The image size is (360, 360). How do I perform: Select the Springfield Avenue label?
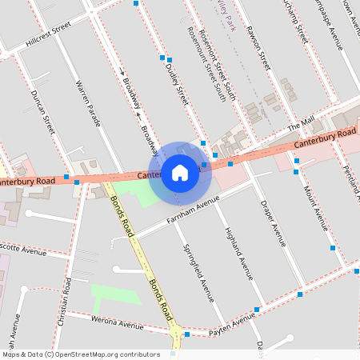[199, 271]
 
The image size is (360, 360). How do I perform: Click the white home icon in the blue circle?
[180, 172]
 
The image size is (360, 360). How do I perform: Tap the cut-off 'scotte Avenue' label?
[22, 250]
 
